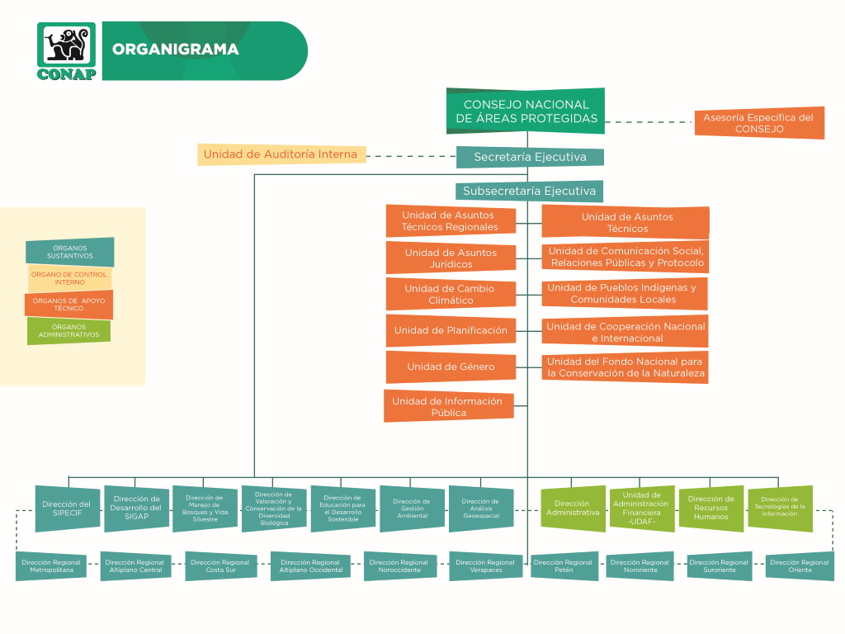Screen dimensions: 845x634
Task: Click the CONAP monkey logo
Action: point(66,51)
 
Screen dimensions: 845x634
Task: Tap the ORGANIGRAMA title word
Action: point(175,49)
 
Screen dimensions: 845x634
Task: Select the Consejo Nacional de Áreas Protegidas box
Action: point(526,111)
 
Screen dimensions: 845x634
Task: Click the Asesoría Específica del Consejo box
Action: point(759,123)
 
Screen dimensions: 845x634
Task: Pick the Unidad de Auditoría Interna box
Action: point(281,154)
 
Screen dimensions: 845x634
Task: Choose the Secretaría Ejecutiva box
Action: point(530,157)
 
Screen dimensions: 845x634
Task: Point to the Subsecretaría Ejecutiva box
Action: point(529,191)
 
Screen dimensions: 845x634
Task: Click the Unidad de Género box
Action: point(451,367)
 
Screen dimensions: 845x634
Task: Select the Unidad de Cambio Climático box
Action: point(451,294)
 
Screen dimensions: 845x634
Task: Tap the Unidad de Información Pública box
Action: point(448,406)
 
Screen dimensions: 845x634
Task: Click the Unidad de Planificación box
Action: point(451,330)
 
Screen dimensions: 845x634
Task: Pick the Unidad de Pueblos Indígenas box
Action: point(624,293)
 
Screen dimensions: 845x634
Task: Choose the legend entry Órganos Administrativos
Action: point(69,330)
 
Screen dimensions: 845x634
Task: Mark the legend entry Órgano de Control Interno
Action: point(69,278)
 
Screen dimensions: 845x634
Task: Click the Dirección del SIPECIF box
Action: point(68,509)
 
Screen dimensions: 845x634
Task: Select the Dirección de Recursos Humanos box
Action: point(710,509)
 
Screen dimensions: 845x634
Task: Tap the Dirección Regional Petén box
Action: point(564,565)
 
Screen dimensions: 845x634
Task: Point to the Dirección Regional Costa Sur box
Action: point(220,565)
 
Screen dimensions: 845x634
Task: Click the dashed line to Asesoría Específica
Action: point(649,122)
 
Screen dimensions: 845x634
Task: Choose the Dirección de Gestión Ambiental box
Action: point(413,509)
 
